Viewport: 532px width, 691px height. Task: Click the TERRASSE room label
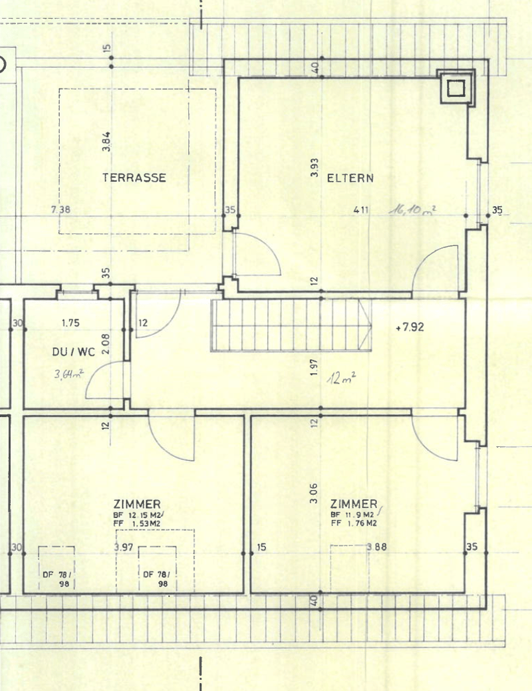[134, 178]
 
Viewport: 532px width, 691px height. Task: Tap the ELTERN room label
[350, 178]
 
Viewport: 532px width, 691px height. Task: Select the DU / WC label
[74, 352]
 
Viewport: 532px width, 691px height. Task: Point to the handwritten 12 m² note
[341, 378]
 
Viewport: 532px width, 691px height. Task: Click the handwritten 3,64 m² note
[68, 374]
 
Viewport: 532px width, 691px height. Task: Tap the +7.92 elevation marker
[410, 327]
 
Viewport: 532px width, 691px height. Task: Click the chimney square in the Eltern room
[456, 88]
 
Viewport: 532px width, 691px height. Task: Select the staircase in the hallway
[291, 326]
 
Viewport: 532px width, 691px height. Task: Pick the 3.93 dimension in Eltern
[315, 168]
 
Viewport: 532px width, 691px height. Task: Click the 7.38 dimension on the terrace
[61, 209]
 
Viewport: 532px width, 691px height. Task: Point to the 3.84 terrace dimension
[106, 142]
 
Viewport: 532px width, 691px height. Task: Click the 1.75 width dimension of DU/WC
[70, 323]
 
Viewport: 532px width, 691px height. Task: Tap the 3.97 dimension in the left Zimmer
[124, 547]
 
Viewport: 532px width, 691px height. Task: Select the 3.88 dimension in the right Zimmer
[377, 547]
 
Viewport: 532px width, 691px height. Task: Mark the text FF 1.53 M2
[136, 523]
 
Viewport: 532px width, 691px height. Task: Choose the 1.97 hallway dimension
[314, 367]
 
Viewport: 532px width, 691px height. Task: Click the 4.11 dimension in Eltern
[361, 209]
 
